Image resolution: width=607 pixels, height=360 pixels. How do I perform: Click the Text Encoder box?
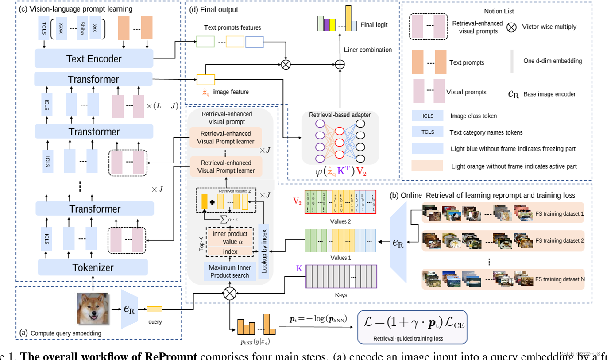[93, 58]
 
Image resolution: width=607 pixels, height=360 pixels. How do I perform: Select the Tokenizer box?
[93, 267]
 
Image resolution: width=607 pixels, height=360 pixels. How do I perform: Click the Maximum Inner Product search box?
[230, 271]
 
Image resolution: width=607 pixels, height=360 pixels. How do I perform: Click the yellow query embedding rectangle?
[155, 309]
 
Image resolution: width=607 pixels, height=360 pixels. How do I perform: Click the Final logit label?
[374, 25]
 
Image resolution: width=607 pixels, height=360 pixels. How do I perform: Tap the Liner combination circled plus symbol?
[340, 64]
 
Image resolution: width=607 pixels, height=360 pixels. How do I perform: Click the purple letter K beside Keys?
[299, 268]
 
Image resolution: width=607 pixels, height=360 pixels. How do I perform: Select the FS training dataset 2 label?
[560, 241]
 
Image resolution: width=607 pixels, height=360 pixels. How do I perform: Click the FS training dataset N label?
[560, 279]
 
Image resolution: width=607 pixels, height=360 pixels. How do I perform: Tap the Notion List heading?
[499, 11]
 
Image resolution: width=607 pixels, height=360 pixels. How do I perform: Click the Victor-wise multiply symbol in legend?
[511, 27]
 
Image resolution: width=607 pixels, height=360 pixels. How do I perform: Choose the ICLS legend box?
[428, 116]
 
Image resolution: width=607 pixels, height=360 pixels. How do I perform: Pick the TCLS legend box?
[428, 132]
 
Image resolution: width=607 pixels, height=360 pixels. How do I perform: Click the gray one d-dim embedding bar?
[511, 61]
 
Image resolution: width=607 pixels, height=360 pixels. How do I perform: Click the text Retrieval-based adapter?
[340, 115]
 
